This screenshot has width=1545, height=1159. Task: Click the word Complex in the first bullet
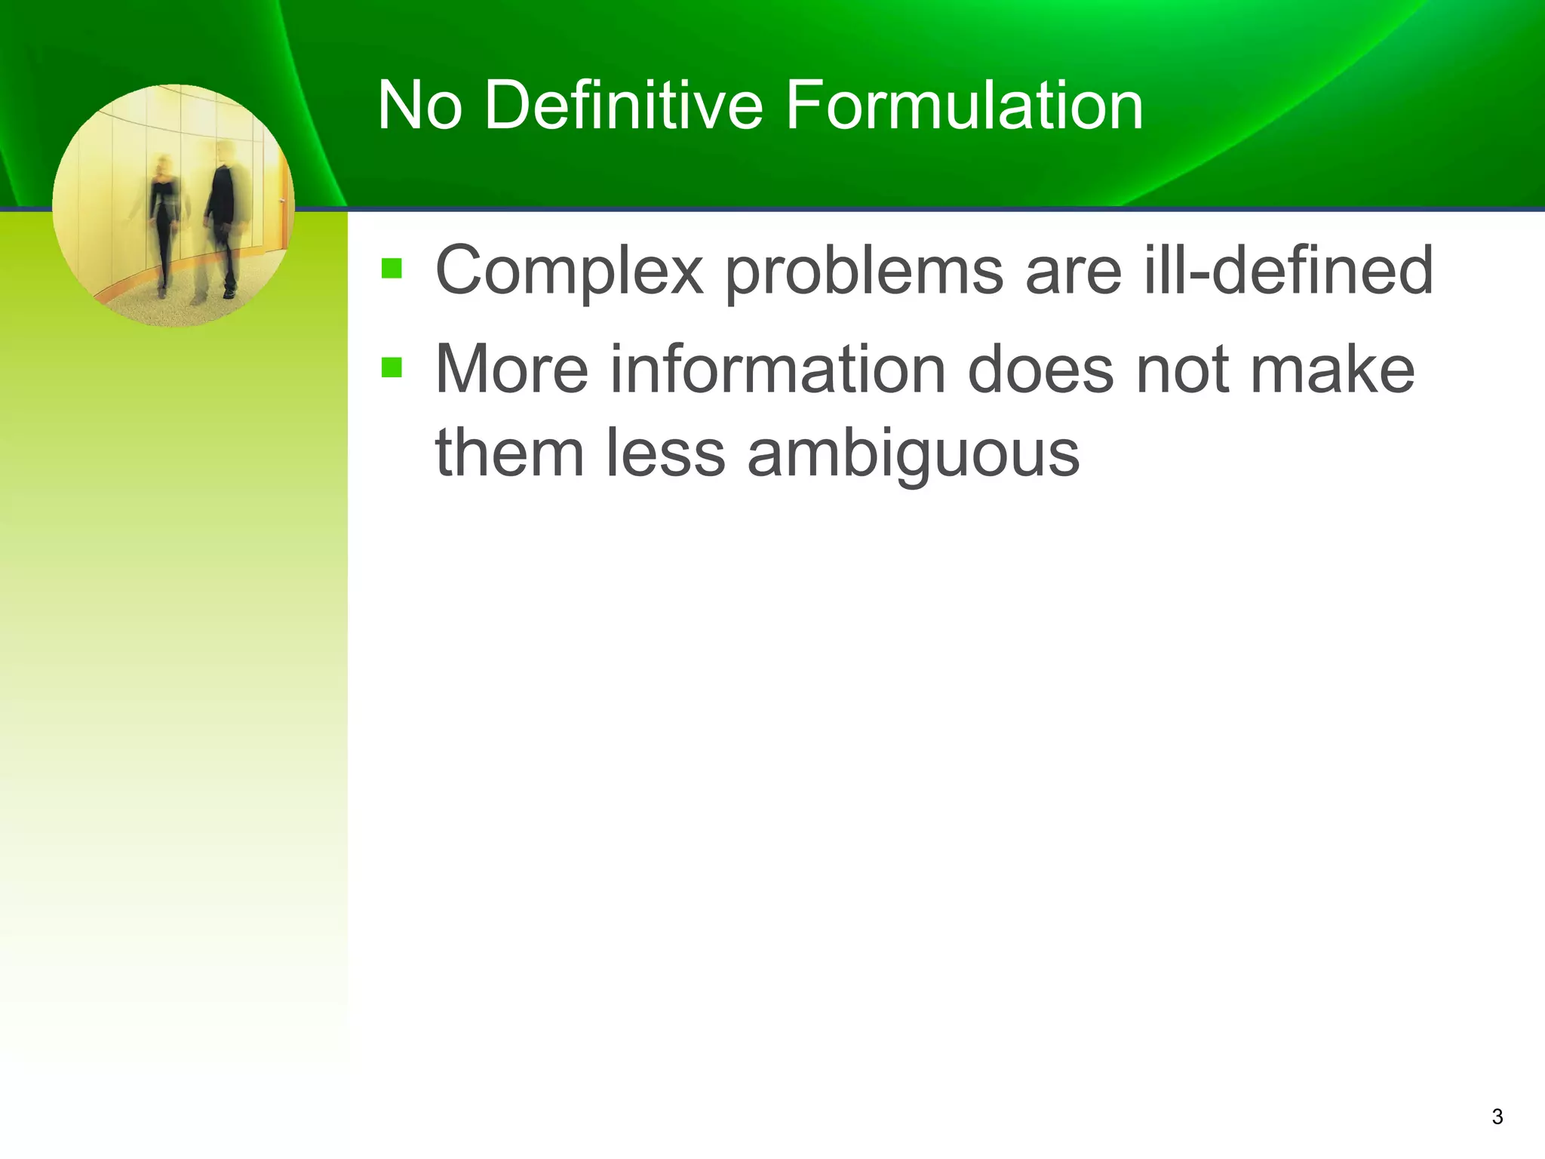[x=570, y=272]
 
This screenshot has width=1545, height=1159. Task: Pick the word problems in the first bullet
[x=864, y=272]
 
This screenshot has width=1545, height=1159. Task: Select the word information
[x=777, y=370]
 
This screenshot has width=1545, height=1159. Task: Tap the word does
[x=1040, y=370]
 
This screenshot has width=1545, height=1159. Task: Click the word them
[x=510, y=453]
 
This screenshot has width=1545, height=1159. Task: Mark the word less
[x=665, y=453]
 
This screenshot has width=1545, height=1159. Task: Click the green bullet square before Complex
[x=392, y=269]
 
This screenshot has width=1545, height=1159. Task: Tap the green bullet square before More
[x=392, y=367]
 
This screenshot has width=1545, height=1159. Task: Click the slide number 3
[x=1497, y=1117]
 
